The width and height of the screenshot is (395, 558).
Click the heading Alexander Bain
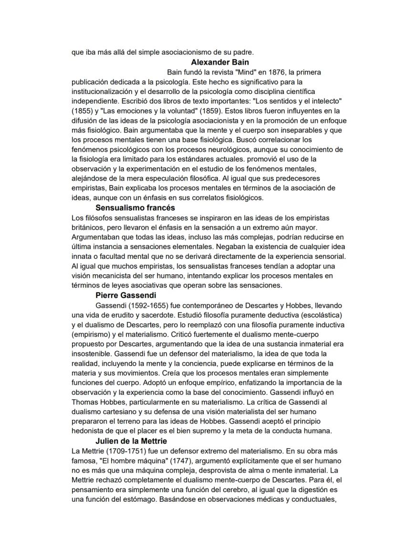coord(219,62)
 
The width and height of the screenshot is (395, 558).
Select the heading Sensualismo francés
coord(135,207)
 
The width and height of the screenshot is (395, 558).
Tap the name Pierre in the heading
coord(108,295)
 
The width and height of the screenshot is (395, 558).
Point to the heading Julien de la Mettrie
coord(131,441)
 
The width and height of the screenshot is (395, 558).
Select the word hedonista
coord(89,432)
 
